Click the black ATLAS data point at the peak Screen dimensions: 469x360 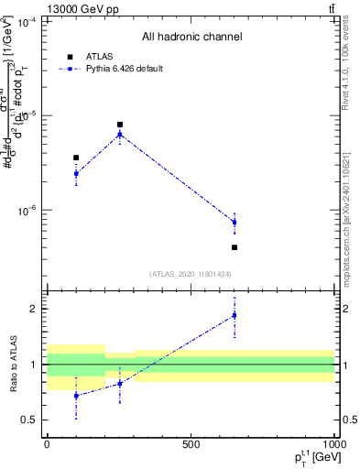pos(120,125)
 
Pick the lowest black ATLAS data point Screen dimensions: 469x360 pos(235,247)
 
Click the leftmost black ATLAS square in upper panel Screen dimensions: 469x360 pos(76,158)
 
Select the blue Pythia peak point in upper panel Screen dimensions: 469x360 pos(120,135)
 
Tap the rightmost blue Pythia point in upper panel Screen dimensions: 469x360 pos(235,222)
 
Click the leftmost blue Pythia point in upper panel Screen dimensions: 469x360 pos(76,173)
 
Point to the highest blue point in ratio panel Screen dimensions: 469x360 pos(235,315)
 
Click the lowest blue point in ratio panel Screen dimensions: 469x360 pos(76,396)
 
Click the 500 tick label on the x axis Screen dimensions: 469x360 pos(191,443)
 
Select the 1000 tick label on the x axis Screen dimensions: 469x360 pos(333,443)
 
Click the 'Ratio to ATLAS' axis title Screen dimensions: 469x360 pos(12,364)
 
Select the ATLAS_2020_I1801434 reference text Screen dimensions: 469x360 pos(191,274)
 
